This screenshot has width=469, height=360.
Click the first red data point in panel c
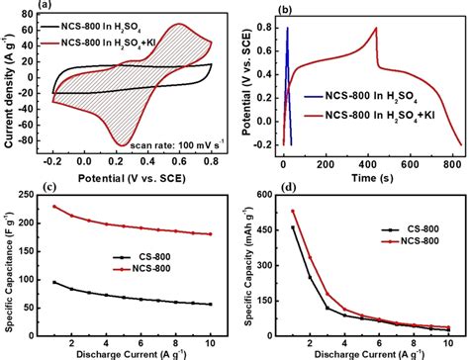coord(53,207)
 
